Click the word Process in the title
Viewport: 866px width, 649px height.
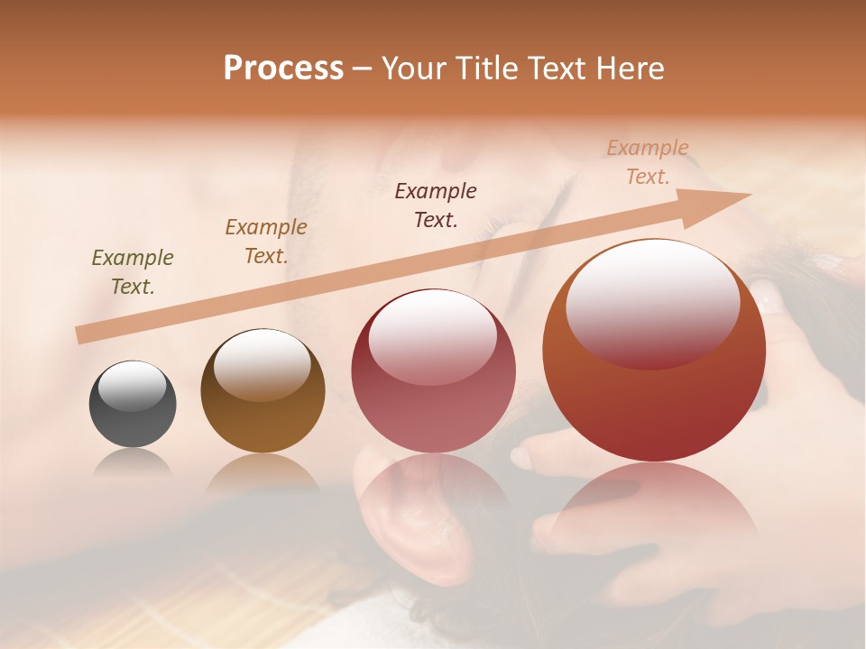click(283, 69)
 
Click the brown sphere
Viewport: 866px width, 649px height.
click(263, 391)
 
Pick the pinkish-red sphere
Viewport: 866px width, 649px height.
click(433, 371)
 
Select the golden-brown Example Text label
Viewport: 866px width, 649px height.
click(266, 242)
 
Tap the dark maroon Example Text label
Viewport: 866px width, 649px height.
click(436, 205)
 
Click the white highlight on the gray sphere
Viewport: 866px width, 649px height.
click(133, 386)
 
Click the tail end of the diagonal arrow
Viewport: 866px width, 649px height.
click(81, 335)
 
